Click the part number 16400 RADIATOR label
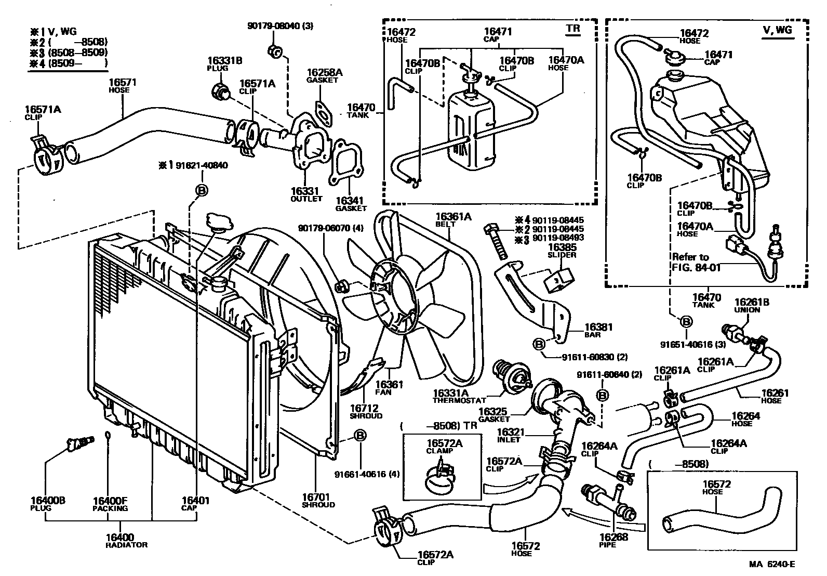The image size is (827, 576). [x=126, y=541]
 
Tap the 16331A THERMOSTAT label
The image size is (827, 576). [x=459, y=397]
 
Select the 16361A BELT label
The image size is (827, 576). [x=453, y=220]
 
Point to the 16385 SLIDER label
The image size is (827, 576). [x=562, y=251]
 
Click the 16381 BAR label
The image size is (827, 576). [x=598, y=330]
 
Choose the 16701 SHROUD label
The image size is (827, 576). [x=318, y=501]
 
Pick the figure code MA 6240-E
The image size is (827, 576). [x=772, y=564]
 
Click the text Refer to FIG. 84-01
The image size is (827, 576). [x=696, y=262]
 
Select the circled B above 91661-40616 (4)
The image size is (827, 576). [x=359, y=436]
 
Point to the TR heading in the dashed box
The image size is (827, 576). [x=573, y=29]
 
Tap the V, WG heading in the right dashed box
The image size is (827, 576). [x=778, y=30]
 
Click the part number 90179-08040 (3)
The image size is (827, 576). [x=280, y=26]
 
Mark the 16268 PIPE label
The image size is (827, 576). [x=613, y=541]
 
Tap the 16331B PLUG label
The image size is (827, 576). [x=224, y=64]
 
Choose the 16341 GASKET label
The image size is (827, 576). [x=350, y=204]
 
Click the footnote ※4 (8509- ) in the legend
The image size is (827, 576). [x=69, y=63]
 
